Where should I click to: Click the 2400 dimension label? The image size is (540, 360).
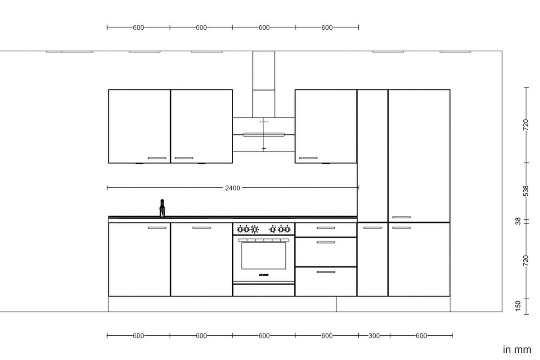[233, 188]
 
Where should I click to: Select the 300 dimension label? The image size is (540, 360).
[374, 336]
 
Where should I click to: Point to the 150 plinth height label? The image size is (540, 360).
[518, 306]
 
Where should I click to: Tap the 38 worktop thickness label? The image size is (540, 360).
[518, 221]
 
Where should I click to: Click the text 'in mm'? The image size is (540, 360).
[517, 350]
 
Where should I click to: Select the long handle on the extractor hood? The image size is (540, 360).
[264, 134]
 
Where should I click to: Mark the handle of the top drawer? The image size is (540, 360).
[326, 228]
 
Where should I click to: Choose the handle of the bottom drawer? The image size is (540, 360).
[326, 272]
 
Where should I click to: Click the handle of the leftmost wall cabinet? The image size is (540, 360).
[157, 158]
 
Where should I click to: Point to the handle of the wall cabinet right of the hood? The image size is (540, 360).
[308, 158]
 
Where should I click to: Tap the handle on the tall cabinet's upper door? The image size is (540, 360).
[401, 217]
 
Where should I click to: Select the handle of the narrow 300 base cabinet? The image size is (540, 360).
[372, 228]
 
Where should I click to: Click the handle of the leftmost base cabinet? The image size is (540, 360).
[157, 228]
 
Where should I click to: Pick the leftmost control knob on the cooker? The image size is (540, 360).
[240, 229]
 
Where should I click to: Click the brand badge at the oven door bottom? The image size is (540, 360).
[264, 274]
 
